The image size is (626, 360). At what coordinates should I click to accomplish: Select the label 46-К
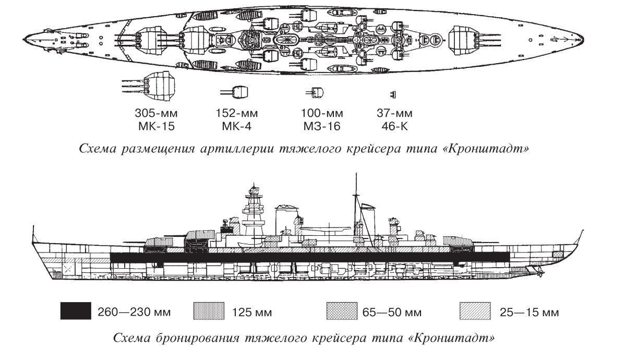tap(394, 126)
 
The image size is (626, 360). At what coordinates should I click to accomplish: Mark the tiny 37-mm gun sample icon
tap(393, 94)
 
